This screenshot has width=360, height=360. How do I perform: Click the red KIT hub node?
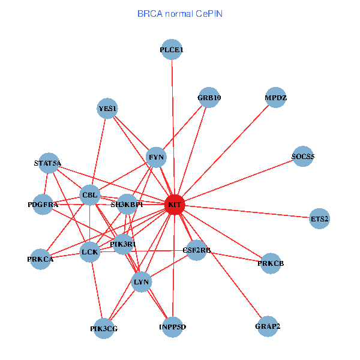coord(175,205)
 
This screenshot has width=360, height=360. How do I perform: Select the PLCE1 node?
coord(172,50)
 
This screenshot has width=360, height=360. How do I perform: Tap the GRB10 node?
coord(209,98)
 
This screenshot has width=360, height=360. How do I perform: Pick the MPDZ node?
coord(275,98)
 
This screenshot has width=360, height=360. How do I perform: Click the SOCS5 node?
coord(303,157)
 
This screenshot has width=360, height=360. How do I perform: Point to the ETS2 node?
coord(320,219)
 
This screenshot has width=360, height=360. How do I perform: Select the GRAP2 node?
coord(268,326)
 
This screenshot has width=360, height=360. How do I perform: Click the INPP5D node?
coord(173,327)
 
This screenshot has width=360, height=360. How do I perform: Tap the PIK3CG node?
coord(104,328)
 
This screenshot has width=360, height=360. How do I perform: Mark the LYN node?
coord(142,281)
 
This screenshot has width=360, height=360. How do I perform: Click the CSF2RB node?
coord(197,250)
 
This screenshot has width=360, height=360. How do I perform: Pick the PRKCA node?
coord(40,259)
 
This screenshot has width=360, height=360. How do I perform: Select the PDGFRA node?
coord(43,205)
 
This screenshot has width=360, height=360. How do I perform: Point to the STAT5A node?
coord(48,163)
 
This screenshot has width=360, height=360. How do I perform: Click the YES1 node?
coord(107,109)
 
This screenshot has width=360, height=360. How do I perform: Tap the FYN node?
coord(156,158)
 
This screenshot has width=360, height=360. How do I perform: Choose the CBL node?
coord(90,195)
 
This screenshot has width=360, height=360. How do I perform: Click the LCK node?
coord(90,253)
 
